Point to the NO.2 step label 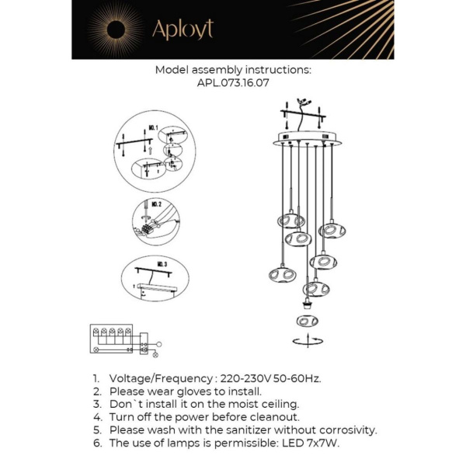pos(156,203)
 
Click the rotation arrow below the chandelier pos(307,340)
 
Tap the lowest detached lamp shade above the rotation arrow pos(307,320)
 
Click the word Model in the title pos(172,69)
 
